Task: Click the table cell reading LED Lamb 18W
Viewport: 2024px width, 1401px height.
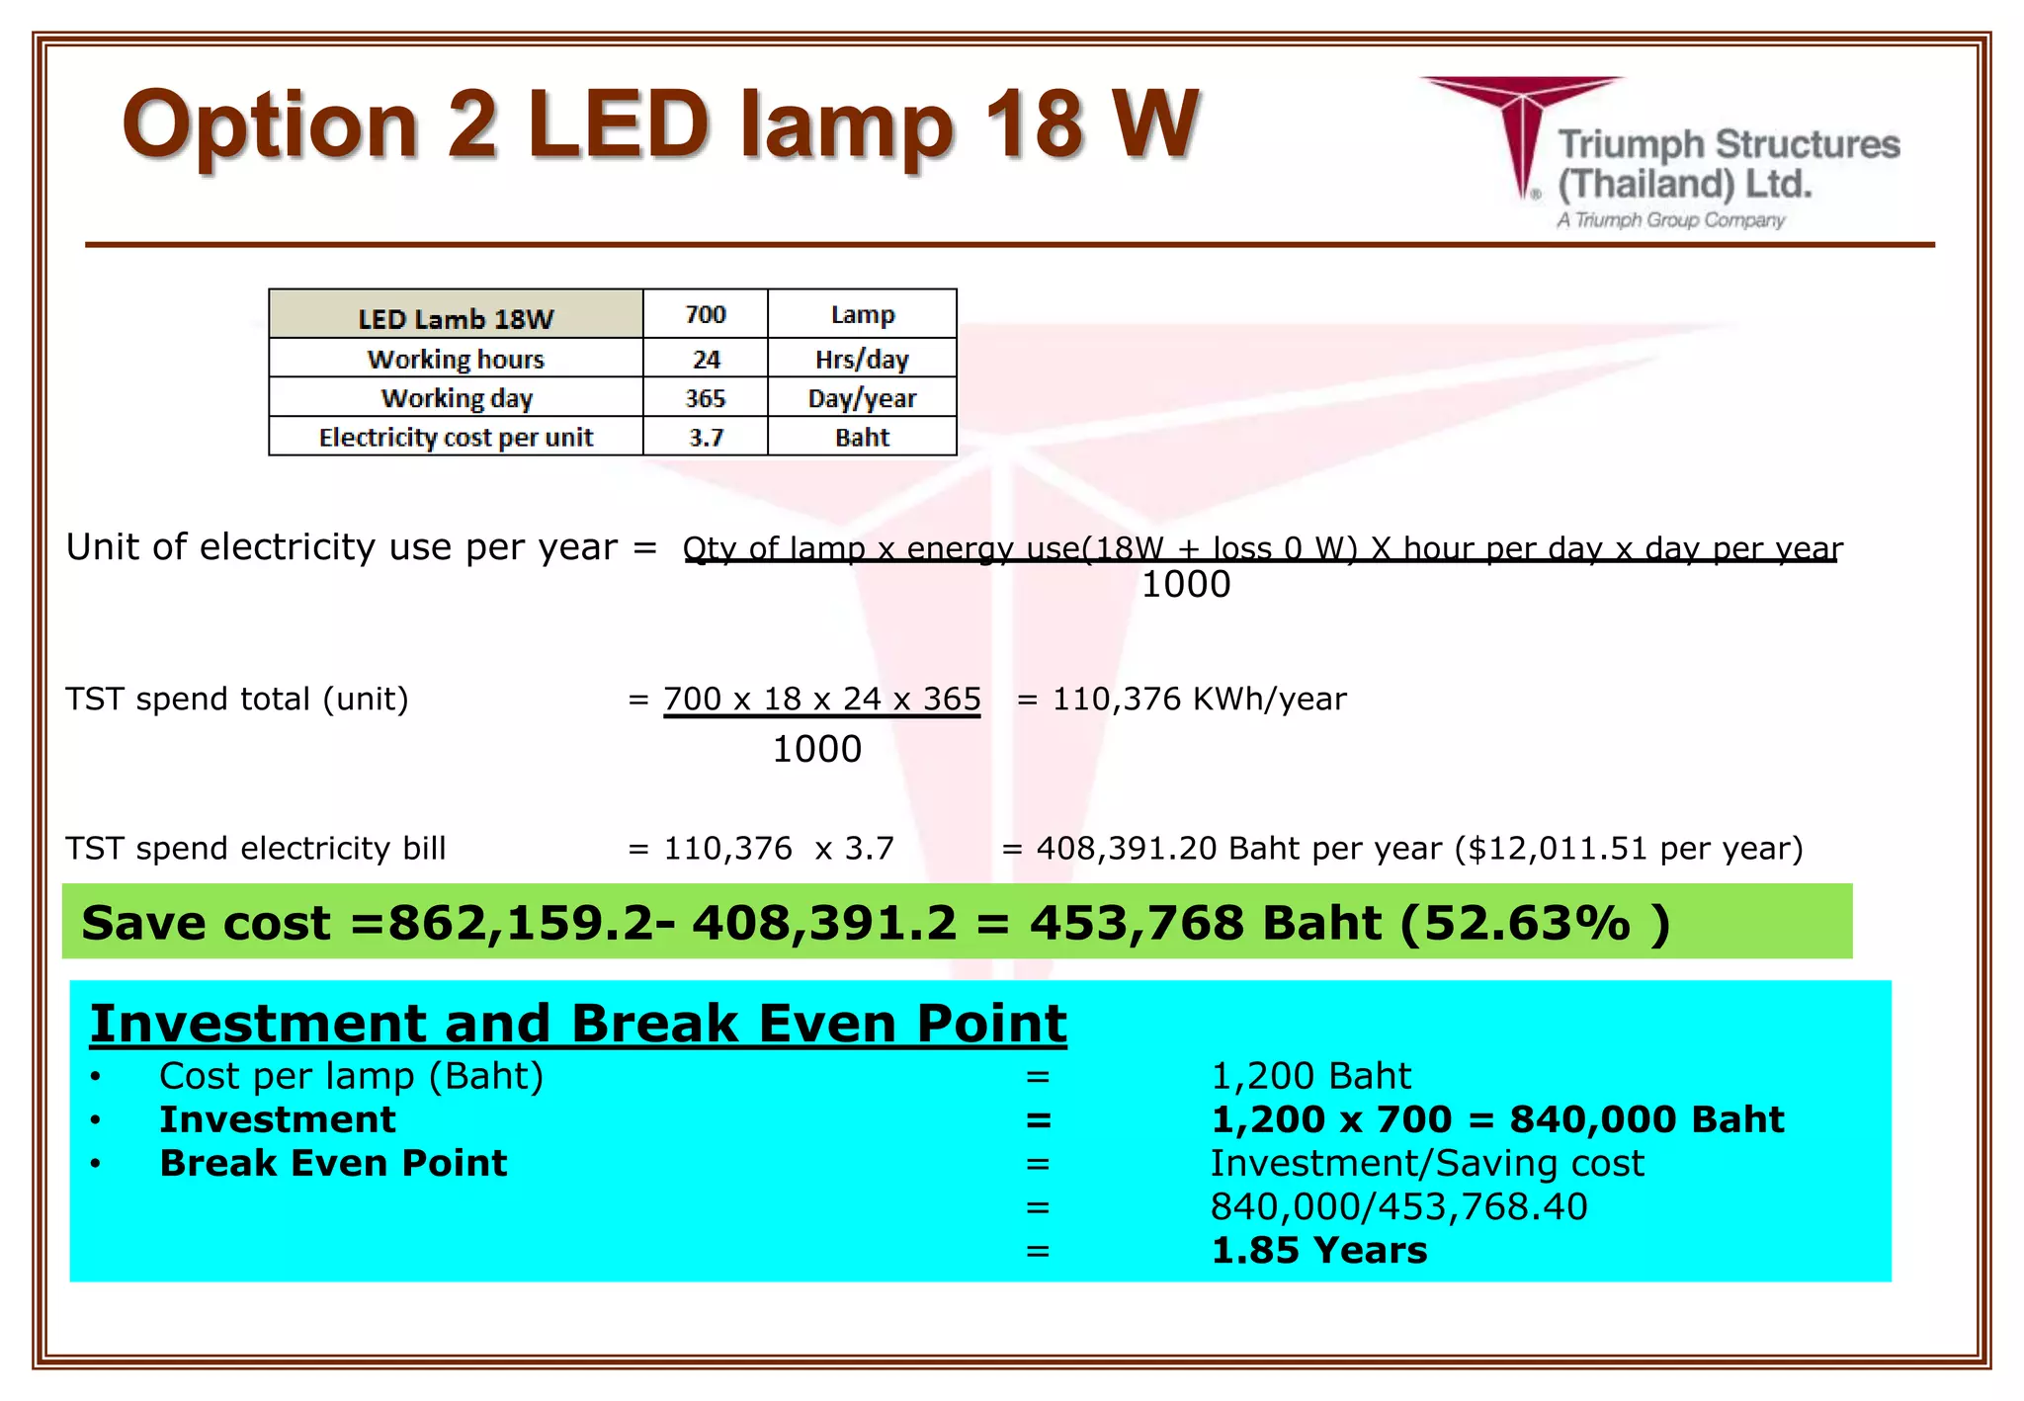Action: point(456,318)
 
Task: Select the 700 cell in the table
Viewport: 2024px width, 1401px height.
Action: point(706,315)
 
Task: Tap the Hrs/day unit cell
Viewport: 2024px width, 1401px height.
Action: point(862,359)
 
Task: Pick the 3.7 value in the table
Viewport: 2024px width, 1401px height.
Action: point(706,437)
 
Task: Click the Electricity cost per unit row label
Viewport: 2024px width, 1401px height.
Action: point(456,437)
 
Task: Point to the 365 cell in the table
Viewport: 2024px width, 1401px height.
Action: point(706,398)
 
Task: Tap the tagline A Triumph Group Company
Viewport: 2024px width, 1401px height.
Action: point(1671,220)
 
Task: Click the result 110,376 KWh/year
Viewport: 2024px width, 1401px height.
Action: point(1199,700)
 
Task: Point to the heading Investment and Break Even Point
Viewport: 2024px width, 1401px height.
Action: point(578,1024)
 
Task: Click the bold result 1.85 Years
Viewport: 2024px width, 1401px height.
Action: point(1319,1251)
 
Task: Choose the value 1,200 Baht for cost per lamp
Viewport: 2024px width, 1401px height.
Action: point(1310,1076)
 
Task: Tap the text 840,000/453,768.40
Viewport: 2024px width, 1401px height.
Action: point(1398,1207)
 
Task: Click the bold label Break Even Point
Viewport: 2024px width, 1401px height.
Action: point(333,1164)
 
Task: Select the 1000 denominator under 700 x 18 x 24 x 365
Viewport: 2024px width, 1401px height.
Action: point(816,750)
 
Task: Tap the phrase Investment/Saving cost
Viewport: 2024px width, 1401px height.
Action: point(1427,1164)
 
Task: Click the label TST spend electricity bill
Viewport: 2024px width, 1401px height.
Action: point(256,849)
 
